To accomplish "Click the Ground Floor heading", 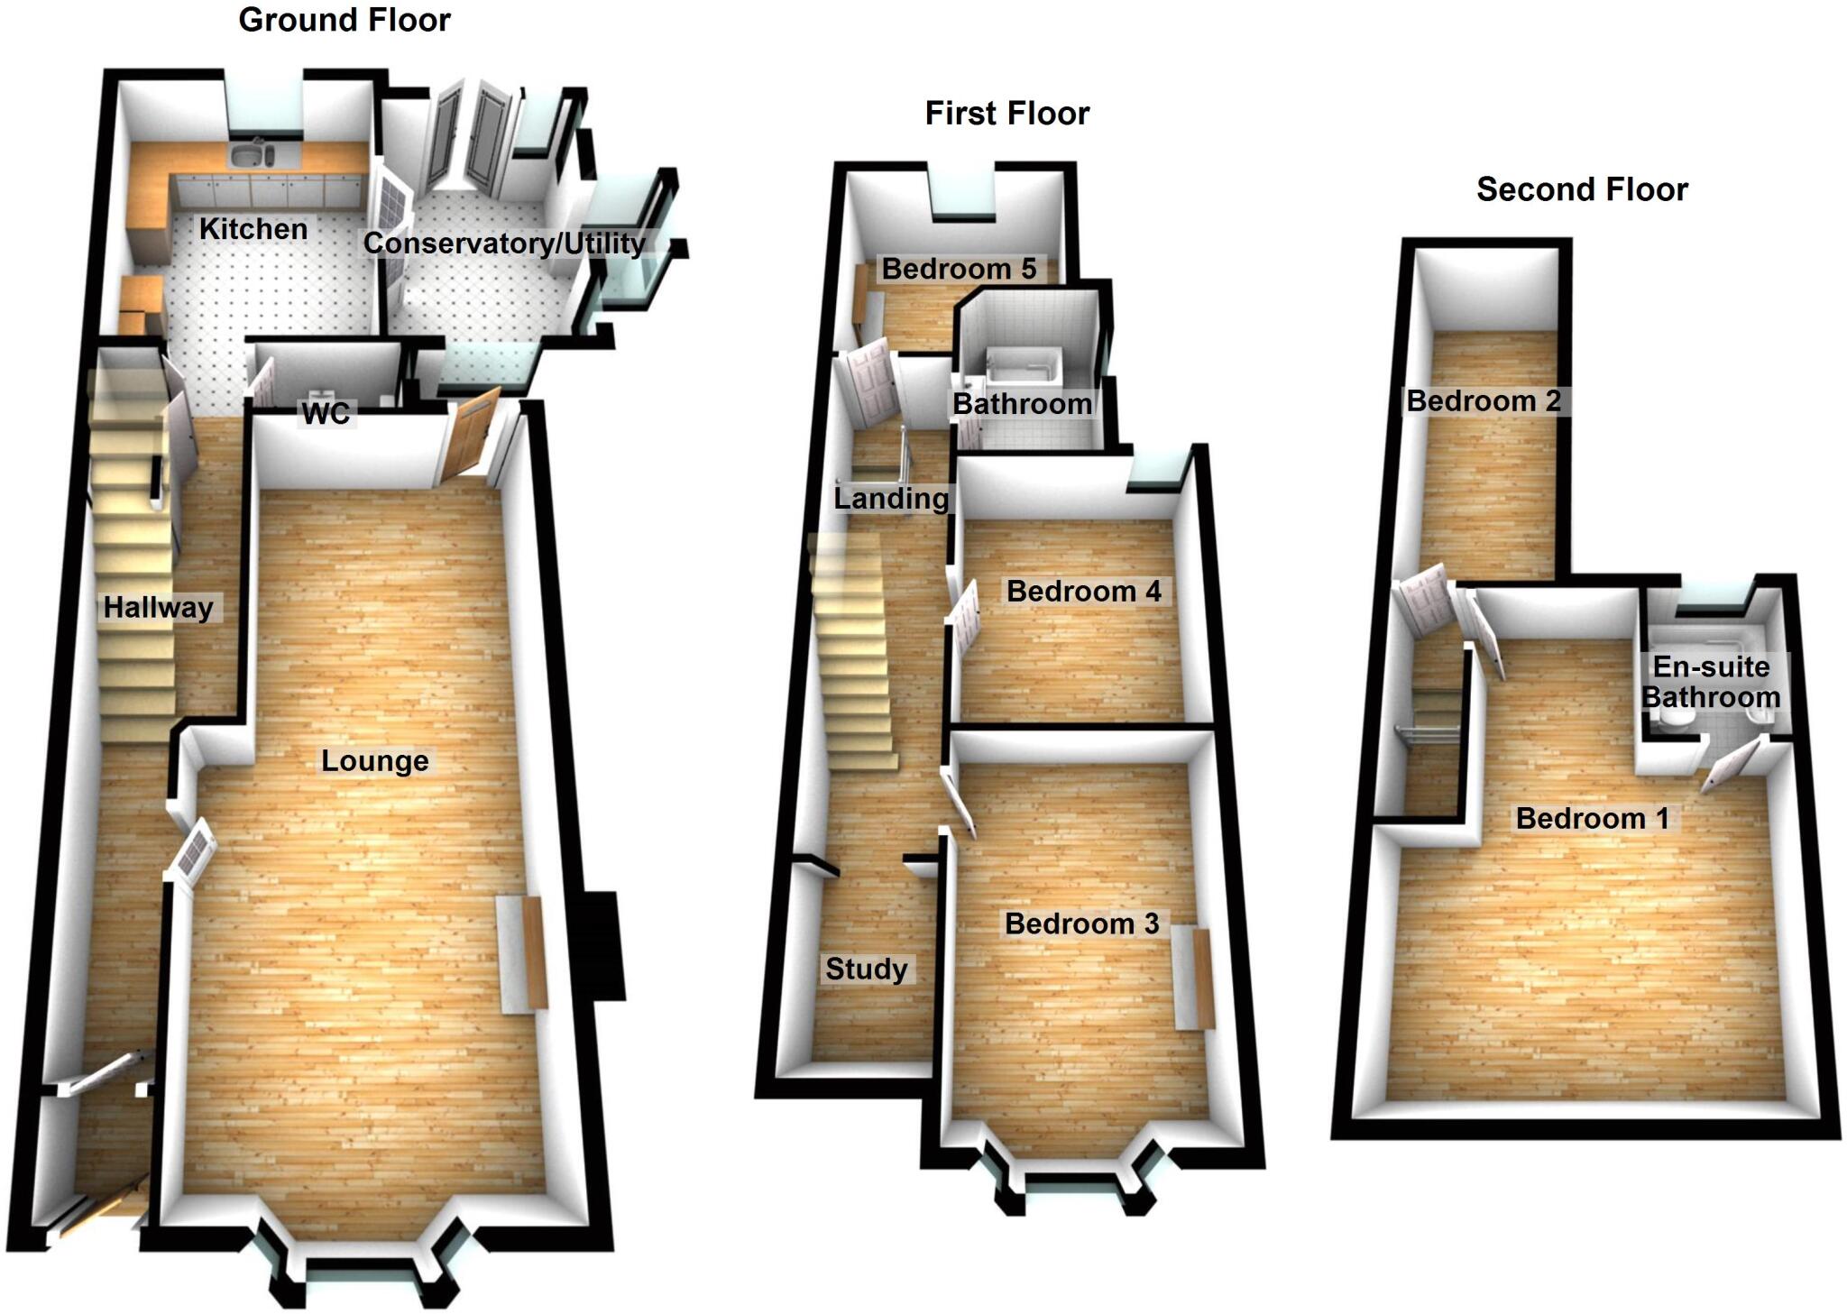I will coord(344,20).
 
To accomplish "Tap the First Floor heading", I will coord(1006,114).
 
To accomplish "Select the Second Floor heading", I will coord(1581,189).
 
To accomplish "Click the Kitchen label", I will coord(253,229).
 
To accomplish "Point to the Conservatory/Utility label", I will coord(503,244).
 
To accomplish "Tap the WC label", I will coord(326,414).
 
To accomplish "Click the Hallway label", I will coord(158,608).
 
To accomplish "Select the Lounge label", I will coord(374,761).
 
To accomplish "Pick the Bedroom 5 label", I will coord(958,269).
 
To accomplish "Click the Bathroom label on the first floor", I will coord(1022,404).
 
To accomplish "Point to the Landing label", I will coord(890,499).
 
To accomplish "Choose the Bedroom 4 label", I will coord(1083,592).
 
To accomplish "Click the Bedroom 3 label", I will coord(1081,923).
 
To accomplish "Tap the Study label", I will coord(866,969).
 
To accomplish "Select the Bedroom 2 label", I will coord(1483,401).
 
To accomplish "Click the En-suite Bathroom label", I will coord(1710,682).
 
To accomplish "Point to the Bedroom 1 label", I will coord(1591,819).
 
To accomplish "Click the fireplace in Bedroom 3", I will coord(1194,979).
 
